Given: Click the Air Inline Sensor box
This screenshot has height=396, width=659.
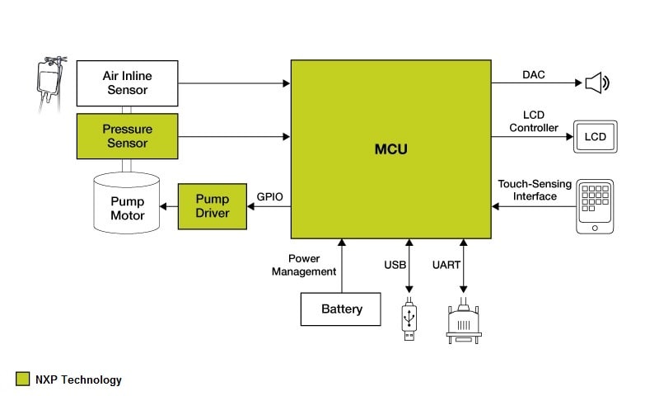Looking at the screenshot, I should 127,82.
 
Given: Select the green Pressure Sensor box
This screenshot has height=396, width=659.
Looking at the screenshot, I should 127,136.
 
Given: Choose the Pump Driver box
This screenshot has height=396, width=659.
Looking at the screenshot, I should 213,206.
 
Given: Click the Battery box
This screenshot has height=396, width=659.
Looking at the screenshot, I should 342,309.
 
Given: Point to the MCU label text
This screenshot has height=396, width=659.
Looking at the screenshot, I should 390,150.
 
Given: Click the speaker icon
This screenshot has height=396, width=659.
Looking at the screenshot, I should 597,82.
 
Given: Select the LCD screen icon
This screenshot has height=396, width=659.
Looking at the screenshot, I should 595,136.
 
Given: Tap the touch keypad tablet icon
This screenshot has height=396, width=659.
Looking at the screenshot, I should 595,205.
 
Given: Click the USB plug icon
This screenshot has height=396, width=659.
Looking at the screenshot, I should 409,322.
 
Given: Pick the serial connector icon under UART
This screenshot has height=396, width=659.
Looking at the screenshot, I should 463,324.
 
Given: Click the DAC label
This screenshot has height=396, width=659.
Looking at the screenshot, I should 533,75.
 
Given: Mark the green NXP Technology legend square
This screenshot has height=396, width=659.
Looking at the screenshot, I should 23,379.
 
